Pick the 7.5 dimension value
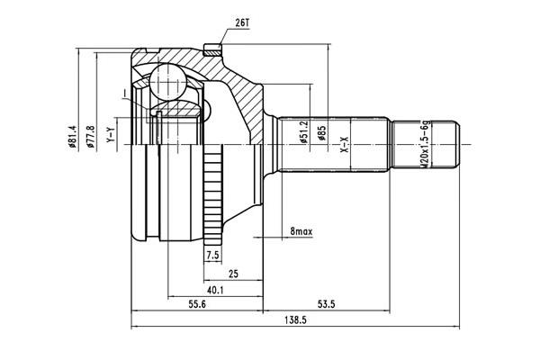point(212,256)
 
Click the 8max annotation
point(301,232)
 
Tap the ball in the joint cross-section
point(165,83)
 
